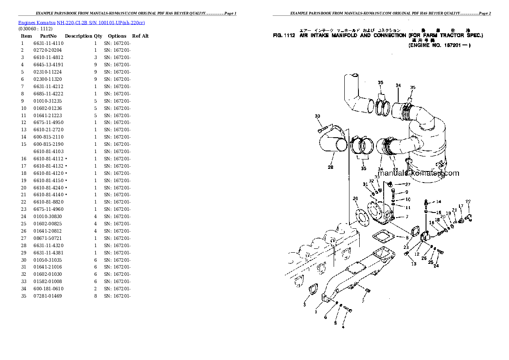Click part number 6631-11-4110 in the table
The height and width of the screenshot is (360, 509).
coord(48,43)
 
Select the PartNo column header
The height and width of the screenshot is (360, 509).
coord(48,36)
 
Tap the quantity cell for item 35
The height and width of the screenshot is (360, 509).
coord(95,296)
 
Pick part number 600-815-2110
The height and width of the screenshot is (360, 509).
coord(48,137)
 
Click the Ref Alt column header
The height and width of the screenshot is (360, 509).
coord(140,36)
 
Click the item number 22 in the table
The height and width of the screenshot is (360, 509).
coord(24,202)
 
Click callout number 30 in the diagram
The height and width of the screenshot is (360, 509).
coord(317,116)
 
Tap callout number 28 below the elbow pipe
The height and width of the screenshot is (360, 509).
coord(331,167)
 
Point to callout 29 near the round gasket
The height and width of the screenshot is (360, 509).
coord(355,198)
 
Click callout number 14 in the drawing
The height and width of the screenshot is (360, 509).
coord(438,201)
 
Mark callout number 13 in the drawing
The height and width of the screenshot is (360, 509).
coord(414,264)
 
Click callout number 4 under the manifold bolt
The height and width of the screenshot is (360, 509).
coord(342,328)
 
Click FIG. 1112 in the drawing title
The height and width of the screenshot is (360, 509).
coord(284,35)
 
